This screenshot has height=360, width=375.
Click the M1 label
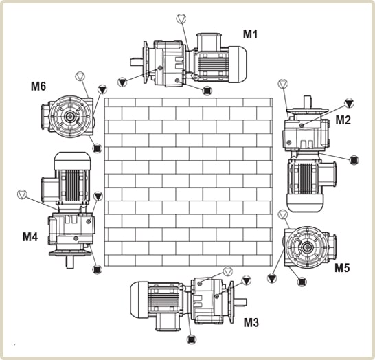[250, 34]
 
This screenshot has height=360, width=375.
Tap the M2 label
[343, 120]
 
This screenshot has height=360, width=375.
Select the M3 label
[251, 322]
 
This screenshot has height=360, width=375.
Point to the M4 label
[30, 237]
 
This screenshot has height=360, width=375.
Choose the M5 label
[342, 268]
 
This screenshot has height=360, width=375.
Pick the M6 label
[38, 86]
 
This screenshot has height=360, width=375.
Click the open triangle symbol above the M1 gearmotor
[181, 19]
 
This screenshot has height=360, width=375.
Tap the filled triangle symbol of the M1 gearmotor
[122, 82]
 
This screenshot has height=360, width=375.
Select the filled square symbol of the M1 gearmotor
[207, 91]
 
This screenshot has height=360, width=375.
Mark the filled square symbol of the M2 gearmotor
[354, 160]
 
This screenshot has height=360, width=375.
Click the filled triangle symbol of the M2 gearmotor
[349, 103]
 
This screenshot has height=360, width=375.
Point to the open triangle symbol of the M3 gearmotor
[227, 271]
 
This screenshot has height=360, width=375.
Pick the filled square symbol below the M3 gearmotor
[191, 339]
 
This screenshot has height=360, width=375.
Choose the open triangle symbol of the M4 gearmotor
[22, 194]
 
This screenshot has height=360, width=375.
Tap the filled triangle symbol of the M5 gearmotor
[272, 278]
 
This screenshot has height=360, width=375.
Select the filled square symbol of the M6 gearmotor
[97, 148]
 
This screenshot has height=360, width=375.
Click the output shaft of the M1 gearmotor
[137, 63]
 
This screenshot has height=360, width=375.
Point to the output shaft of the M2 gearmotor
[308, 102]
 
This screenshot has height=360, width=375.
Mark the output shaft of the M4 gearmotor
[69, 262]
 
